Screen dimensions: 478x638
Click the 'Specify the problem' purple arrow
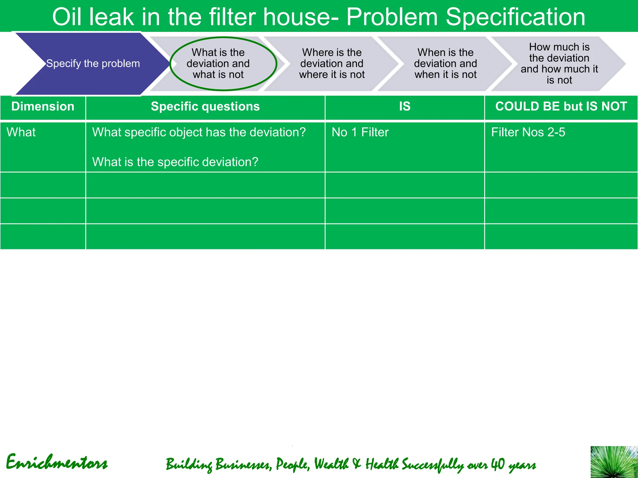pos(93,63)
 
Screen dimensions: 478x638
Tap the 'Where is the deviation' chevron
pos(332,63)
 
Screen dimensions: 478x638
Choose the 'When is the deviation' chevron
pos(445,63)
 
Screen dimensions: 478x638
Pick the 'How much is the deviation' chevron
pos(559,63)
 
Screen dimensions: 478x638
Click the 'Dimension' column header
pos(43,107)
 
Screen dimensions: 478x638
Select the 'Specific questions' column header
pos(205,107)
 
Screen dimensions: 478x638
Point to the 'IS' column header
pos(405,107)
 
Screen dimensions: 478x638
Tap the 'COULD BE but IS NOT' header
pos(561,107)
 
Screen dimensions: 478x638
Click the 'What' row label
pos(21,132)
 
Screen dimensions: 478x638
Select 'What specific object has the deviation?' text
pos(199,132)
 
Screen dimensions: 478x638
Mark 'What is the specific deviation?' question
pos(175,162)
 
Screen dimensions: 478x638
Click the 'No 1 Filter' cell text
pos(360,132)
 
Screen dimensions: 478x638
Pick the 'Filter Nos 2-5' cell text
pos(528,132)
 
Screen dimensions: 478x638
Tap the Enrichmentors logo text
pos(57,463)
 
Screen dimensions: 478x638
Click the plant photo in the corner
pos(614,462)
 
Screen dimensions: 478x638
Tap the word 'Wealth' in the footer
pos(331,464)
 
